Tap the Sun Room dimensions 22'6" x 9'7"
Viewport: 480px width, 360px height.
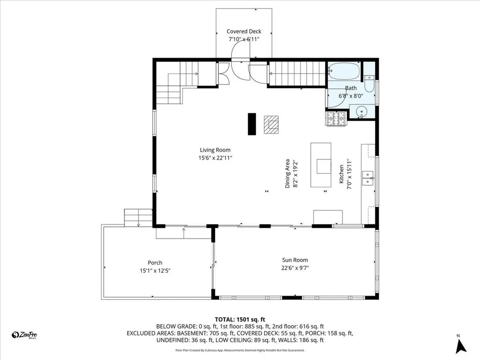point(295,268)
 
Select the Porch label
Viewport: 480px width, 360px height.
point(155,262)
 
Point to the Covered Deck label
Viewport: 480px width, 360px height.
point(244,31)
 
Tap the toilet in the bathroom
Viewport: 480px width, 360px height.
point(370,84)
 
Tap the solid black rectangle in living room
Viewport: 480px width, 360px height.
point(252,124)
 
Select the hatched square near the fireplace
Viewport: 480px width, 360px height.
point(270,125)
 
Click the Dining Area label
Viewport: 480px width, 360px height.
point(291,173)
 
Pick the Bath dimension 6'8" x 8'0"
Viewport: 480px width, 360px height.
point(351,95)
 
